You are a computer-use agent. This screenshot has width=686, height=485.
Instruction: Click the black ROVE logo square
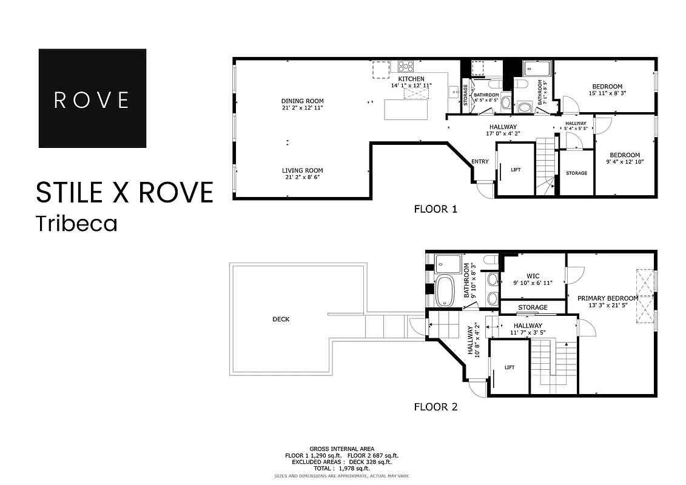pos(92,98)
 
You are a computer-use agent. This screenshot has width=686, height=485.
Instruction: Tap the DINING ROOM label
pos(302,101)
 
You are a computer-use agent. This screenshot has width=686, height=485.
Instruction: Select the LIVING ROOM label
pos(302,170)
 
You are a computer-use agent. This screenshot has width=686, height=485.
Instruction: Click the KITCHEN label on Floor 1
pos(411,79)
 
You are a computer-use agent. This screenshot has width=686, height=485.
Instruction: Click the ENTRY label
pos(480,161)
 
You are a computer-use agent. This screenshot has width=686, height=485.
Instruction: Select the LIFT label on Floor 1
pos(516,170)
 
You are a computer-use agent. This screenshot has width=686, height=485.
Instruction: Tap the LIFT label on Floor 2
pos(509,367)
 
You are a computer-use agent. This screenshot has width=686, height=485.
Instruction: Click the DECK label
pos(280,319)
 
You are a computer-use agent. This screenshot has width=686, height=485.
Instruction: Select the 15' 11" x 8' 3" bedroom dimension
pos(607,93)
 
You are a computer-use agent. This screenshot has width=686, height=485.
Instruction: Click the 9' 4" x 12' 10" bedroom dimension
pos(624,162)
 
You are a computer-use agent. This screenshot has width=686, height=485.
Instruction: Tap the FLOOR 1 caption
pos(435,210)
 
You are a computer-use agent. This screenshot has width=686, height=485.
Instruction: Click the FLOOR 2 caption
pos(435,407)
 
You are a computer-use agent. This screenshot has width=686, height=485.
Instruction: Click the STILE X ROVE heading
pos(124,192)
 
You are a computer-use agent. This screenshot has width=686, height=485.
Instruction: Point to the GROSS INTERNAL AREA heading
pos(341,449)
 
